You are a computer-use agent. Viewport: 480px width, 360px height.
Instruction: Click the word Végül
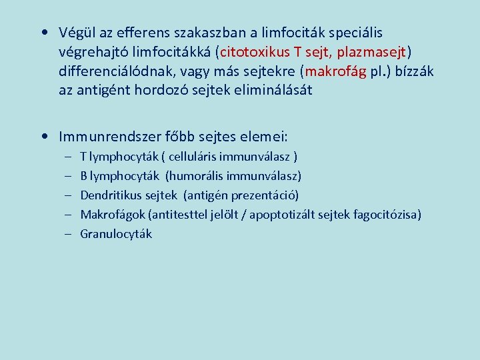[x=76, y=33]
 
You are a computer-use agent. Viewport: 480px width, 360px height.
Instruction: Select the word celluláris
[x=197, y=157]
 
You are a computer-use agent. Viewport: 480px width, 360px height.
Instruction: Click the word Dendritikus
[x=109, y=195]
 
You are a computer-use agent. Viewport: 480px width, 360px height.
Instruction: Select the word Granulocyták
[x=116, y=234]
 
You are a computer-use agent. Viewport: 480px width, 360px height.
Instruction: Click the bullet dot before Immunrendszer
[x=43, y=137]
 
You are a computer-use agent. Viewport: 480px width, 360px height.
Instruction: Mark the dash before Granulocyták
[x=69, y=234]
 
